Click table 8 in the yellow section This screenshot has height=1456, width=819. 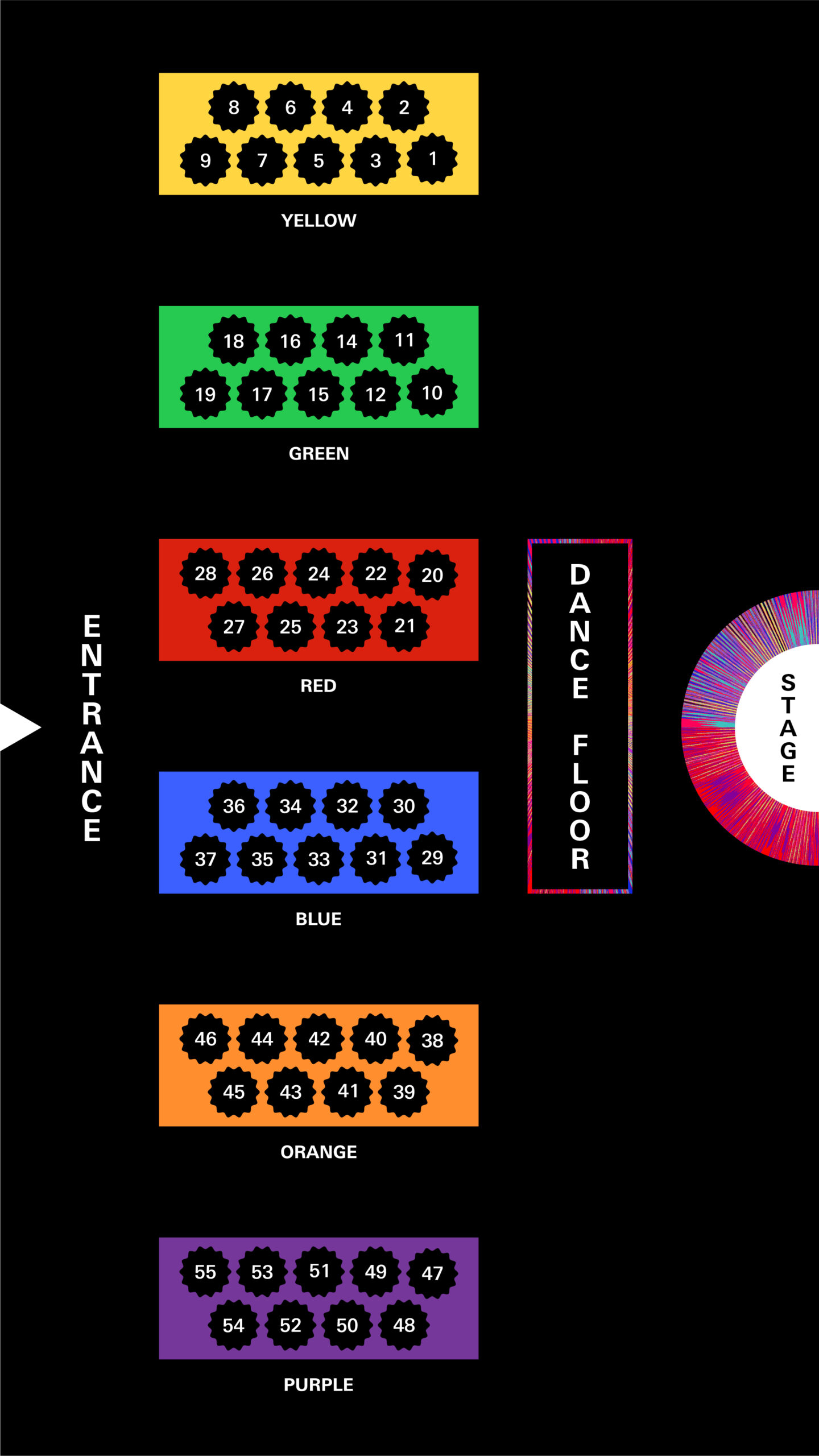tap(233, 107)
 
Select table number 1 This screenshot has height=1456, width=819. tap(432, 159)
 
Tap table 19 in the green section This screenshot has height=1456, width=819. tap(205, 394)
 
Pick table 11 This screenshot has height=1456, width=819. tap(404, 340)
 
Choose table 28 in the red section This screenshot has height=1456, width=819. tap(205, 573)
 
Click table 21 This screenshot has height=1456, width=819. tap(404, 626)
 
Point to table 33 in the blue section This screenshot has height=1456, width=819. tap(318, 859)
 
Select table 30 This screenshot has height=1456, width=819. tap(404, 806)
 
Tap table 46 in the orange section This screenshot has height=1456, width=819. tap(205, 1039)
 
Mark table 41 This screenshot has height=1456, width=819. tap(348, 1091)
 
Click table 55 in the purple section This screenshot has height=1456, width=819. tap(205, 1272)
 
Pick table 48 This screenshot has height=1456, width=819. tap(404, 1325)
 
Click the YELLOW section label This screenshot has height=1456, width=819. tap(318, 221)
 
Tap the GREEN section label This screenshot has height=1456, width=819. tap(318, 453)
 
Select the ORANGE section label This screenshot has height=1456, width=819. tap(318, 1152)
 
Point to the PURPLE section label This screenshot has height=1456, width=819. tap(318, 1384)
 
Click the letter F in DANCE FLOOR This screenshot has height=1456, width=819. tap(580, 744)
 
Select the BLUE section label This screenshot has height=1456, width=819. tap(318, 919)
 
